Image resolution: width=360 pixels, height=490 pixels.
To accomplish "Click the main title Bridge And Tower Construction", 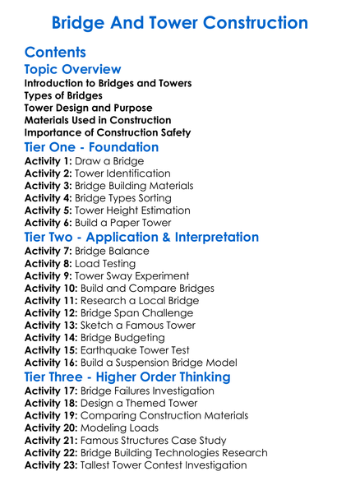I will coord(179,22).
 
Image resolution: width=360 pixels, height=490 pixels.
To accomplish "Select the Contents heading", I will coord(55,52).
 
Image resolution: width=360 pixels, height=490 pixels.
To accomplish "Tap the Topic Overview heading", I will coord(72,70).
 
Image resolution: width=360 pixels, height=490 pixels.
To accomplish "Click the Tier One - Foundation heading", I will coord(91,147).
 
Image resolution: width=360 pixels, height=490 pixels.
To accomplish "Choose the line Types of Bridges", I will coord(63,95).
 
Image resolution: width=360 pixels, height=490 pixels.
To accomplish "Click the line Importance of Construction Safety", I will coord(107,132).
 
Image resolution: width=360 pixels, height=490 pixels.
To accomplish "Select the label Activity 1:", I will coord(48,162).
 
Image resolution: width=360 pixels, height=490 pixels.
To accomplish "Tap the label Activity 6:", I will coord(48,223).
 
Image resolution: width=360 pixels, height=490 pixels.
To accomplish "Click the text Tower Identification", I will coord(122,174).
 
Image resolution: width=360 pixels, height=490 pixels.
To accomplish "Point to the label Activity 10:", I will coord(51,289).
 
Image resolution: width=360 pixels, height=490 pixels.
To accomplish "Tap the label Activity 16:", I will coord(51,362).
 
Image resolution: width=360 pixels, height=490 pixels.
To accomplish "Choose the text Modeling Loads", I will coord(119,428).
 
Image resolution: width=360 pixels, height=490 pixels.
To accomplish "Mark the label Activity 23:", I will coord(51,465).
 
